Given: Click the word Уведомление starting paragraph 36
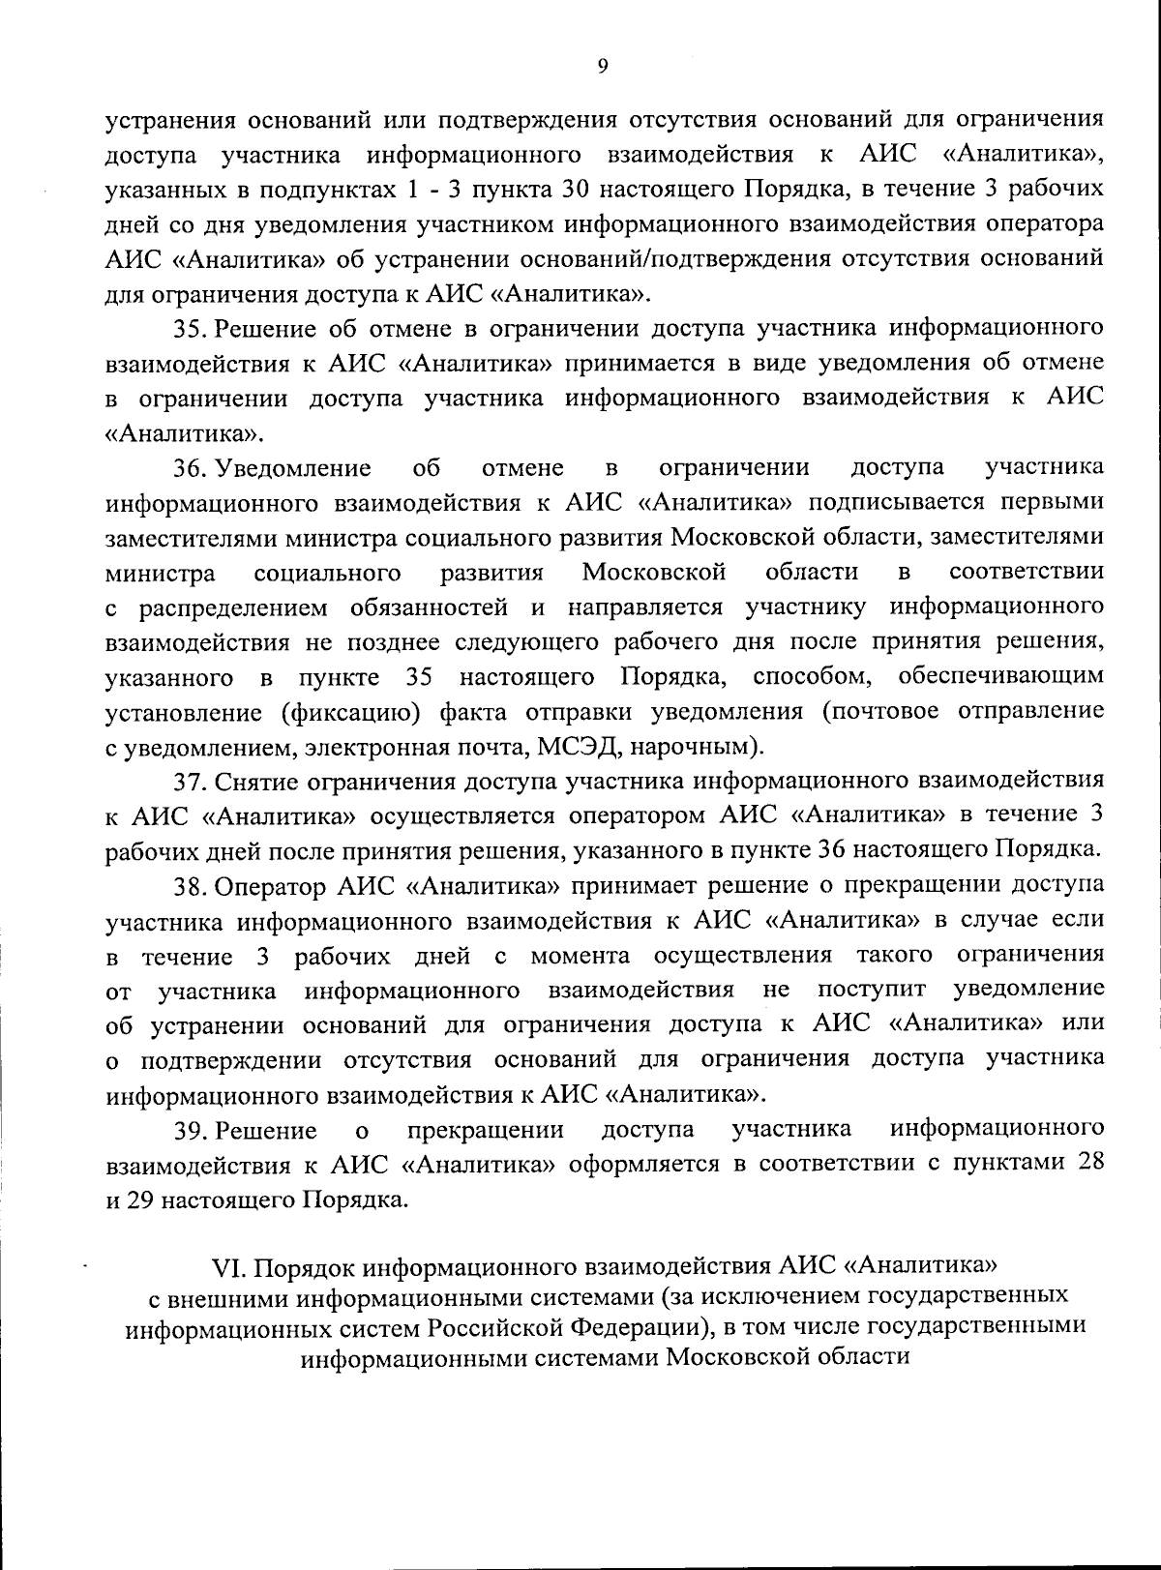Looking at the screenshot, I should [293, 469].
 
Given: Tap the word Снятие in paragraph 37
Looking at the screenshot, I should [256, 781].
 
